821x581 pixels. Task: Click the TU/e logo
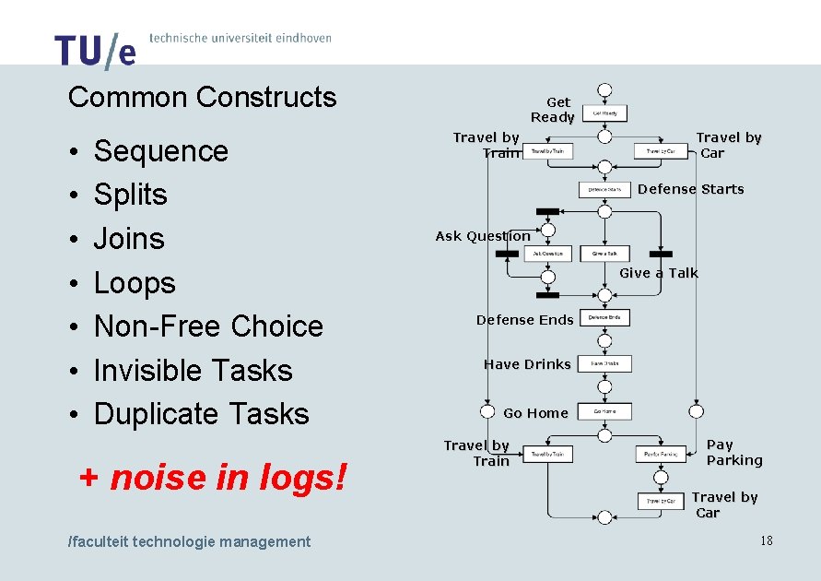point(95,51)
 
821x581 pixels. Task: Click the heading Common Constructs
point(203,97)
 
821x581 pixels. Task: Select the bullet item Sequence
point(160,150)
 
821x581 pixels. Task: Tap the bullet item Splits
point(131,195)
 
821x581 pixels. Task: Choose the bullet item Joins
point(129,239)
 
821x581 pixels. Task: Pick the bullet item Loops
point(135,282)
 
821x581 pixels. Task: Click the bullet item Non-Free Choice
point(208,326)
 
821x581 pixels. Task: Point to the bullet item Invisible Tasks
point(193,370)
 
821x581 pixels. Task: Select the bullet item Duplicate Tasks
point(201,414)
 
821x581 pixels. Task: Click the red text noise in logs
point(228,477)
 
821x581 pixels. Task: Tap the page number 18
point(767,540)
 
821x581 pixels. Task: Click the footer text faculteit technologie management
point(190,541)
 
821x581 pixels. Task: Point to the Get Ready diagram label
point(553,110)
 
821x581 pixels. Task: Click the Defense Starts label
point(690,189)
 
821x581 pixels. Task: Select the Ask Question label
point(483,236)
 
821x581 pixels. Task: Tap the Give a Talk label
point(659,273)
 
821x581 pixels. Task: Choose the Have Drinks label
point(527,364)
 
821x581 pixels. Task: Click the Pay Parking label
point(734,452)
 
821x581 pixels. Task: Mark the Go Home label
point(535,412)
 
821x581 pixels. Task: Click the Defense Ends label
point(524,320)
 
